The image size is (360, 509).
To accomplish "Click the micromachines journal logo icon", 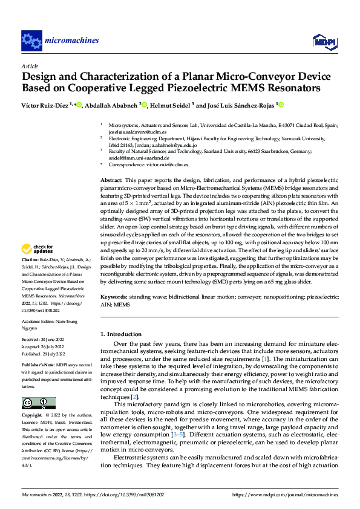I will point(31,41).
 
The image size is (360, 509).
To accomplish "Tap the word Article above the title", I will point(30,66).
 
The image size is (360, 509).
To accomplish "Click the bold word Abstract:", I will point(111,181).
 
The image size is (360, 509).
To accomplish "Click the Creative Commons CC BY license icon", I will point(38,403).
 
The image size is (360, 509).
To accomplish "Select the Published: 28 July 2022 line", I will point(44,354).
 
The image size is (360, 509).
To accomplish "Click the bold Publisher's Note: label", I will point(38,366).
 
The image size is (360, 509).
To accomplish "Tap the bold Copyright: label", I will point(33,416).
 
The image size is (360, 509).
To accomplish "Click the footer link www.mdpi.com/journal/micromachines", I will point(290,495).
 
